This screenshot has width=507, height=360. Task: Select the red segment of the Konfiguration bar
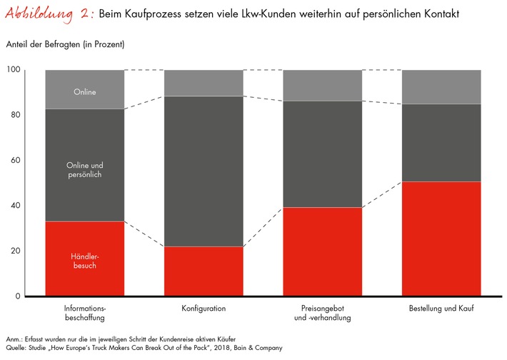[204, 271]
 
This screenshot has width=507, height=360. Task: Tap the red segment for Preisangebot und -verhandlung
[323, 251]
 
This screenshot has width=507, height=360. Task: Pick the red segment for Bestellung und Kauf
[441, 239]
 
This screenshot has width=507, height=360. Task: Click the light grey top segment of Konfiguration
[204, 82]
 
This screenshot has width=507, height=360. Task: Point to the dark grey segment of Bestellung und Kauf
[441, 143]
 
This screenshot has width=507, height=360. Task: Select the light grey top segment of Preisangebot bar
[323, 85]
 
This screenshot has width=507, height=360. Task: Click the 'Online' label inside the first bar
[84, 92]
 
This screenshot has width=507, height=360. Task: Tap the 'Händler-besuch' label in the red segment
[84, 261]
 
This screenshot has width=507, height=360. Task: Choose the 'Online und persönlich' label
[84, 169]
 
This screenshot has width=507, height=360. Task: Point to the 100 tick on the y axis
[14, 70]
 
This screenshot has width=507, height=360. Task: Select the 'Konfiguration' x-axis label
[204, 309]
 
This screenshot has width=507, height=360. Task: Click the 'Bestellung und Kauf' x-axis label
[441, 309]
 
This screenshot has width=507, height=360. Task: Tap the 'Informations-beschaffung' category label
[84, 313]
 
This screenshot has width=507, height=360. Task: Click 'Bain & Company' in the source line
[258, 348]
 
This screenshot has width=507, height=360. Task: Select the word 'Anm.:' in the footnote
[14, 338]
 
